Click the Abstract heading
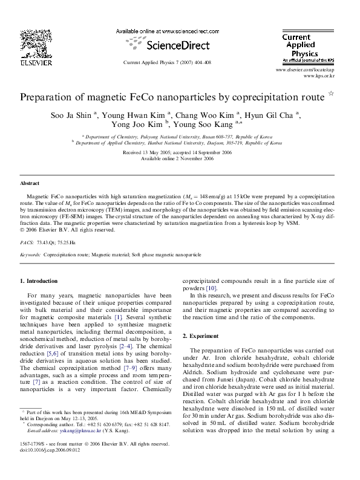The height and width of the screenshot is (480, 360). click(x=30, y=183)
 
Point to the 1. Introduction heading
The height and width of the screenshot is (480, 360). click(x=39, y=281)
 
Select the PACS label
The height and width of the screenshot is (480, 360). click(x=27, y=241)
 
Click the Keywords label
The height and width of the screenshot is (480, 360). click(x=30, y=255)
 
